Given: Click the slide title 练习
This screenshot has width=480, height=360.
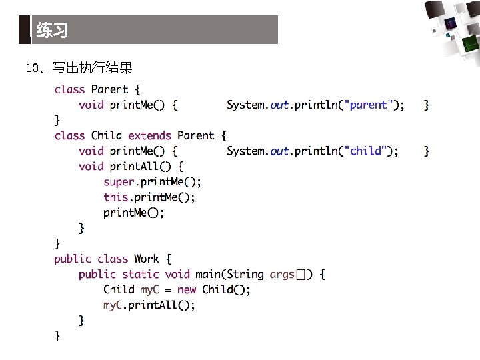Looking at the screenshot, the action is point(52,31).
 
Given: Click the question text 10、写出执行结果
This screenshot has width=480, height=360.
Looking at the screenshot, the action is point(79,68).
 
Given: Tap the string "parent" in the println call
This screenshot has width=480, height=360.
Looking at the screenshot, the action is point(368,105).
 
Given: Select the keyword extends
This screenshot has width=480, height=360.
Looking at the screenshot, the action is point(149,135).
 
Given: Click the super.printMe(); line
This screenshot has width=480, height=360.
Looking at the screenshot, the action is point(152,181).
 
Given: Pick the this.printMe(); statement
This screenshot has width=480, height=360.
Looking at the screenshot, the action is point(149,197).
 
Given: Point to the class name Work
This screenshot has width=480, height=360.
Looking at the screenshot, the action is point(146,259).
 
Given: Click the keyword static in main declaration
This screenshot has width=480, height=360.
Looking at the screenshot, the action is point(141,274).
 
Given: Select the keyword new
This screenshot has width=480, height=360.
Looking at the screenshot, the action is point(187,289).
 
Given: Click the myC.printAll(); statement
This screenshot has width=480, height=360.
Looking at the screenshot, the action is point(149,305).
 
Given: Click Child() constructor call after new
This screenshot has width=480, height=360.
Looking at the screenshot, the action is point(225,289).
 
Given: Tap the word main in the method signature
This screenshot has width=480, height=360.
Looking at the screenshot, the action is point(208,274).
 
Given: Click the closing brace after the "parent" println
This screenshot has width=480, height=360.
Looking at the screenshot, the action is point(427,105).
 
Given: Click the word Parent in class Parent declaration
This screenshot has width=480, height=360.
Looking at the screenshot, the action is point(110,89).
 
